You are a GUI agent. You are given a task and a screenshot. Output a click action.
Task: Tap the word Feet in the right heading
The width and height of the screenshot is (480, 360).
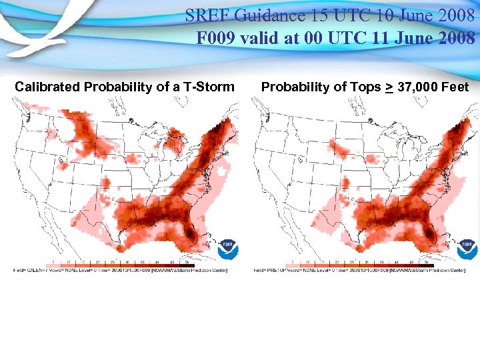tap(455, 87)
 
